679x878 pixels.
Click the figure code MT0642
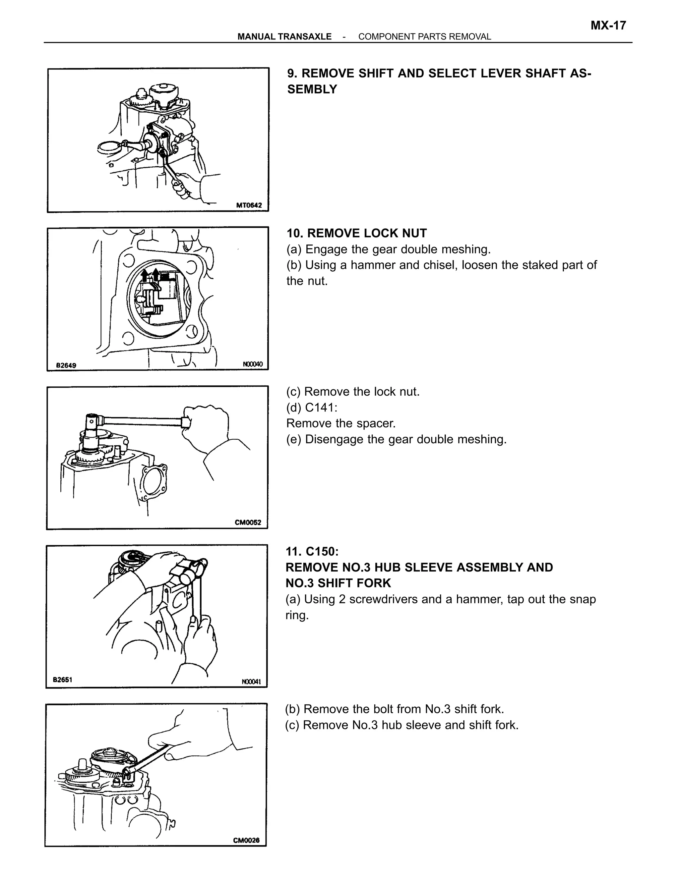(249, 205)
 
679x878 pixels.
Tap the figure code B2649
(66, 365)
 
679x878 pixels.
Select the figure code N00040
(253, 364)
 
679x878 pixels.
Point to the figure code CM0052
(248, 522)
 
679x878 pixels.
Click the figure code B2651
(62, 680)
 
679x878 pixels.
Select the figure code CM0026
(246, 840)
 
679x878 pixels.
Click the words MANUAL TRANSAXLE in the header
(284, 36)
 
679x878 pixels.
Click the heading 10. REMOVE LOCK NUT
(356, 233)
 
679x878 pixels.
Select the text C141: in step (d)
(321, 407)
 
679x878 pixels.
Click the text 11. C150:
(312, 551)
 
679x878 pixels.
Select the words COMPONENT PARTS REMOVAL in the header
(424, 36)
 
